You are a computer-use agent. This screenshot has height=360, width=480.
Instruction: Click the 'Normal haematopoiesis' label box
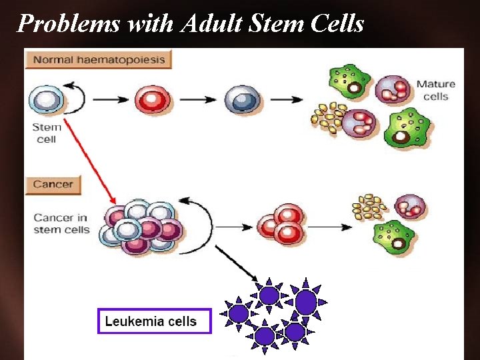(98, 60)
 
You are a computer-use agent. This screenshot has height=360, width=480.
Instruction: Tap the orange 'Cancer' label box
(53, 185)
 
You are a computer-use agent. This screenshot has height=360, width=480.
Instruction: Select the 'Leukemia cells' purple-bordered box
(154, 321)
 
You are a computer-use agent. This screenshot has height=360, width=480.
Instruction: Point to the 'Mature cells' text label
(436, 90)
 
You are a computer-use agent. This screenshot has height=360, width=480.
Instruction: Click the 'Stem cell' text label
(47, 133)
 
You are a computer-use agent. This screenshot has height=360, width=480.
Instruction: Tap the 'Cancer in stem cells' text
(61, 223)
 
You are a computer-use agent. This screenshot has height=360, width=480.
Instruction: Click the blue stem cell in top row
(46, 100)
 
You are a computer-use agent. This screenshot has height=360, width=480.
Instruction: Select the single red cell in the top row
(152, 100)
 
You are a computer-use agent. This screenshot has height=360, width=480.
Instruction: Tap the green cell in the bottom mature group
(395, 235)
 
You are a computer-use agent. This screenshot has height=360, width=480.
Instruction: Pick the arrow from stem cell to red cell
(110, 100)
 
